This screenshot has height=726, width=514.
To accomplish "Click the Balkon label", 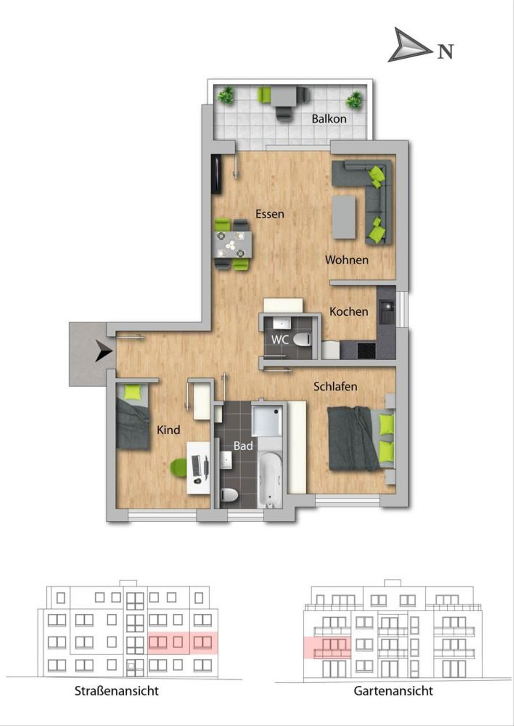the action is (x=329, y=119).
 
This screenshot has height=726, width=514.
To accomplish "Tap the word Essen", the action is (x=270, y=214).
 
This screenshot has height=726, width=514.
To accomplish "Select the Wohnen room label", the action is (x=347, y=260).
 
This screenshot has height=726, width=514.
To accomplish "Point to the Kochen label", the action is (x=349, y=311).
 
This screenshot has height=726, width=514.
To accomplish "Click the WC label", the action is (x=280, y=340).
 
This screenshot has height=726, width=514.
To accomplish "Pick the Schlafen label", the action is (x=335, y=386).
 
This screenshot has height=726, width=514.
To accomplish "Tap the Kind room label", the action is (x=168, y=430).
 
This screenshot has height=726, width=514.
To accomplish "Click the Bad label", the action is (x=243, y=446).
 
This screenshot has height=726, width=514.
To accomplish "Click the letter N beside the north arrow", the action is (x=445, y=51).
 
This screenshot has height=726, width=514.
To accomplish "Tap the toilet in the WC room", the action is (x=302, y=340).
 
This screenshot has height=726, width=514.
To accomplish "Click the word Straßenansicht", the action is (x=117, y=690).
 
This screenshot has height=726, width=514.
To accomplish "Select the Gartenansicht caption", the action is (x=393, y=690).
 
